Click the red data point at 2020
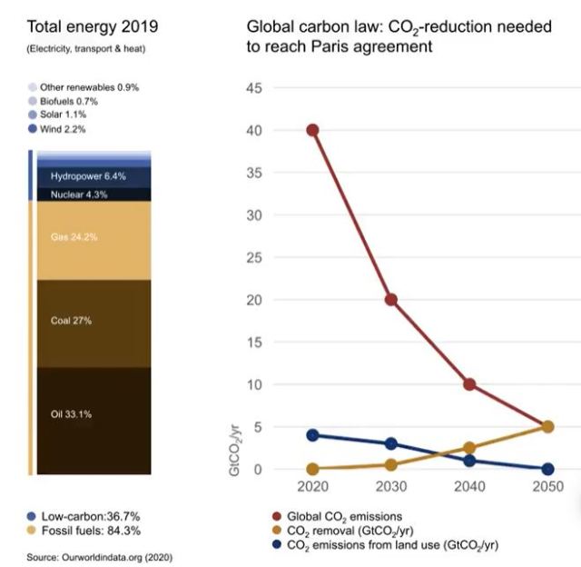(312, 130)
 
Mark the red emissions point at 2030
(390, 300)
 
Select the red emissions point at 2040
(468, 384)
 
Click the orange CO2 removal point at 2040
(468, 448)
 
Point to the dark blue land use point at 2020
(312, 435)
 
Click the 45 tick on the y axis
(254, 88)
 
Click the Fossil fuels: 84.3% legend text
(91, 531)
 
